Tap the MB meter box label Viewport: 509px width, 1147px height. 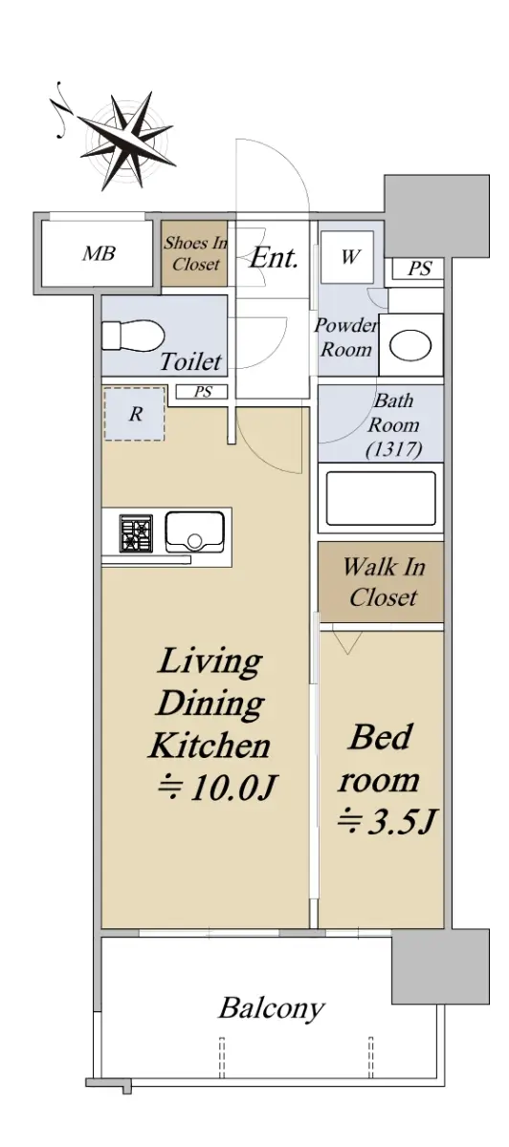point(99,253)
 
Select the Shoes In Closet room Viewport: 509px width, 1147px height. point(195,253)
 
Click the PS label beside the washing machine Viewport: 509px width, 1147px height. point(419,269)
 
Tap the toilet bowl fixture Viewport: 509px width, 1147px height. point(133,335)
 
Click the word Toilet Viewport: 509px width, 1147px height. point(190,361)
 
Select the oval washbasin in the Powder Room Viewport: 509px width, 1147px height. point(410,345)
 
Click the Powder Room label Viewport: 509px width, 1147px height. point(345,337)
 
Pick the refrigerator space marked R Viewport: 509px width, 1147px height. point(134,414)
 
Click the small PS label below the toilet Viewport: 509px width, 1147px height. point(203,392)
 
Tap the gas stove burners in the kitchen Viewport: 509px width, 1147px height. point(137,533)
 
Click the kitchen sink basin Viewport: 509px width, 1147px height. point(194,532)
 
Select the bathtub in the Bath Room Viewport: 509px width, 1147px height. point(381,498)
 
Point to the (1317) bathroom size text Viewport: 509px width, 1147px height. point(393,449)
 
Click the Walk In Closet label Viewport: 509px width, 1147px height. point(384,582)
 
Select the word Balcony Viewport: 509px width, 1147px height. point(272,1007)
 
